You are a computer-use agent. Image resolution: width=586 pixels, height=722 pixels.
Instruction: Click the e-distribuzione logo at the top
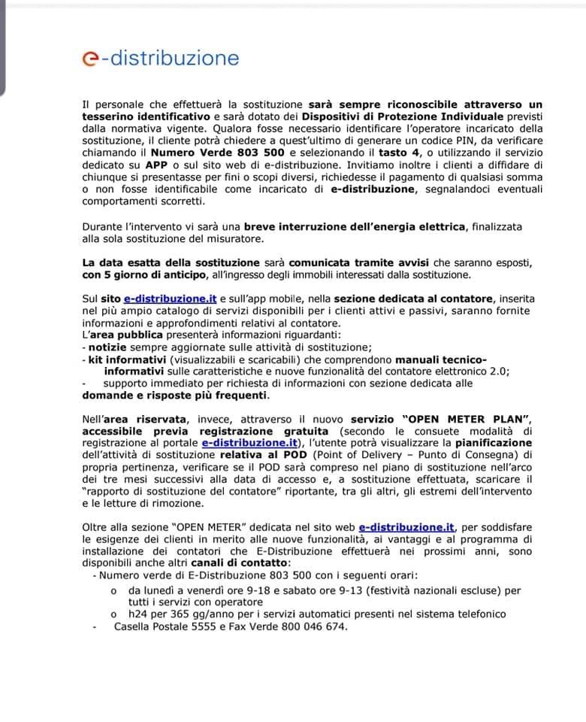pos(161,58)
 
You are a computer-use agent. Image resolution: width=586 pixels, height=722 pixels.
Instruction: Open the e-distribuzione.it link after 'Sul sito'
pos(171,299)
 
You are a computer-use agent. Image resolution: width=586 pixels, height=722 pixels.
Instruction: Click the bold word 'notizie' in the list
pos(108,347)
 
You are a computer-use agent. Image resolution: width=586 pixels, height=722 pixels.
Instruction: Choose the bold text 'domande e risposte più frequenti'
pos(175,395)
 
